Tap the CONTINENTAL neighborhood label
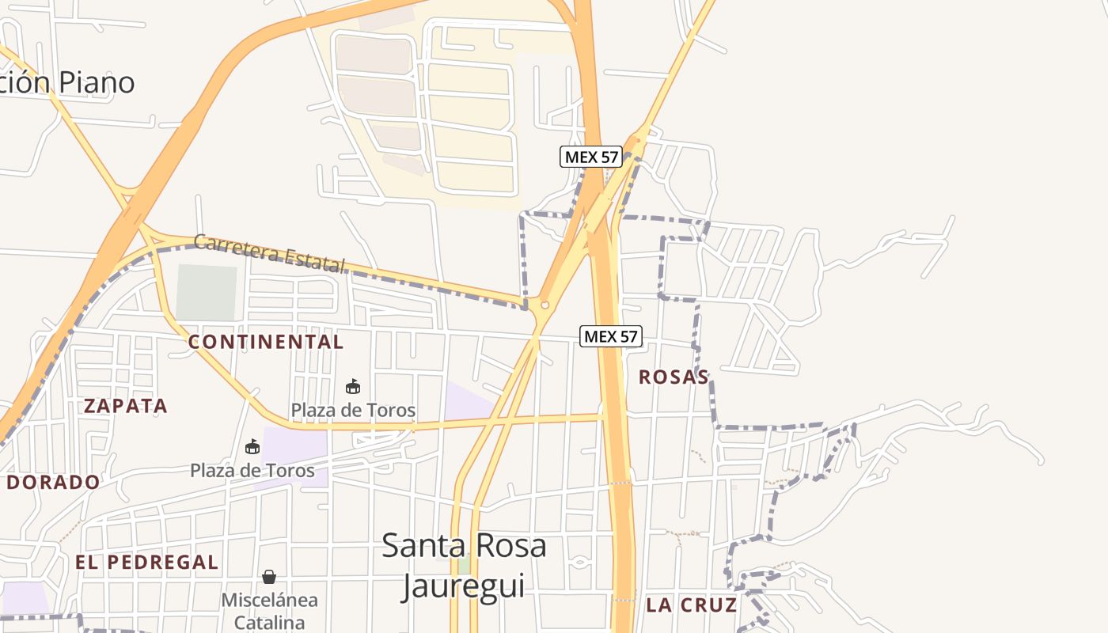(x=266, y=342)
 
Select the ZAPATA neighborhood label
(x=126, y=406)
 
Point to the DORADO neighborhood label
(x=54, y=482)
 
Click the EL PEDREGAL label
(x=147, y=563)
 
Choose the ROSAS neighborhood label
(x=674, y=377)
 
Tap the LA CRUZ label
(x=692, y=605)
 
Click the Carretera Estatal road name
(x=270, y=252)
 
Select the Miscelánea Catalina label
(x=269, y=610)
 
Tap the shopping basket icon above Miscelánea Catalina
(x=269, y=577)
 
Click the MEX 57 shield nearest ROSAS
(x=610, y=336)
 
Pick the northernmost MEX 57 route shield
(x=590, y=157)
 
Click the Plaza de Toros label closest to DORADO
(x=252, y=470)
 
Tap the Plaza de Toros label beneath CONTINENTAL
(x=353, y=410)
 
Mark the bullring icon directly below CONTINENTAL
(x=353, y=387)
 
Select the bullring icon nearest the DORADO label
(x=252, y=447)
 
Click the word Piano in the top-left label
(x=96, y=82)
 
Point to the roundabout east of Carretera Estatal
(x=544, y=305)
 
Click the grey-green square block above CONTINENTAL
(x=207, y=293)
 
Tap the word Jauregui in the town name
(x=463, y=586)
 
